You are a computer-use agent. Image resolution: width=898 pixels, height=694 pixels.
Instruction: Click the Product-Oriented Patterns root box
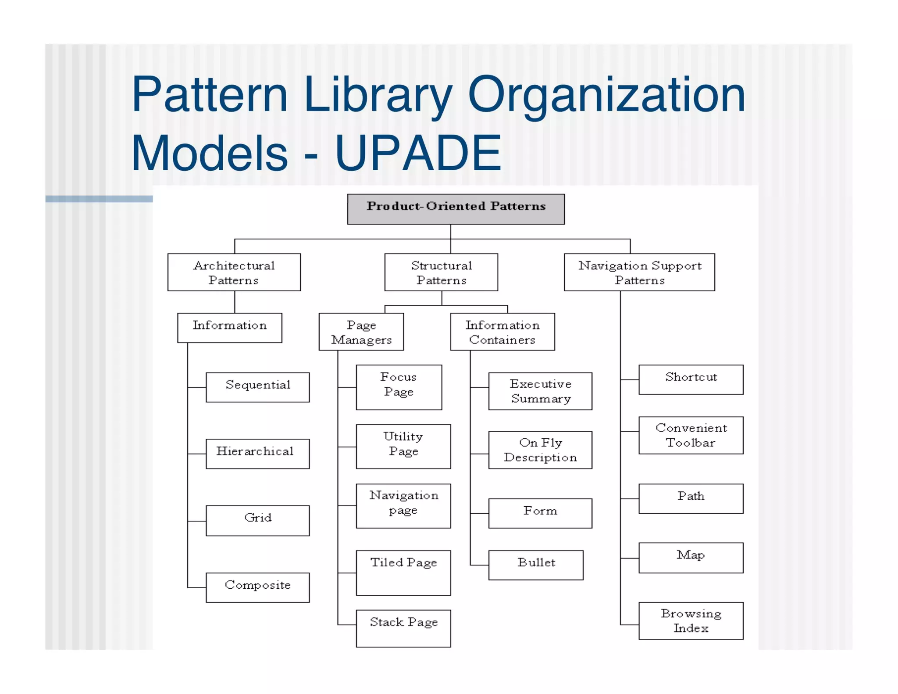click(456, 209)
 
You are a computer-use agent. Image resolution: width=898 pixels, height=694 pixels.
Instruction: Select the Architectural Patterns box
click(234, 272)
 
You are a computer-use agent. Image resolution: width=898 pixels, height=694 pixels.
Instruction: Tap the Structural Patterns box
click(441, 272)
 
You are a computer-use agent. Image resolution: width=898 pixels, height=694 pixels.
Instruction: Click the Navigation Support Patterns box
click(639, 272)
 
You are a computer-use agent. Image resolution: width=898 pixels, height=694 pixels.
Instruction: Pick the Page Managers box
click(361, 332)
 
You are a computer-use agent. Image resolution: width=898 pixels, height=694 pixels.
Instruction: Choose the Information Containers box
click(502, 332)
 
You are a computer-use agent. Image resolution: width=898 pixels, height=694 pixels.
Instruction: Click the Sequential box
click(258, 387)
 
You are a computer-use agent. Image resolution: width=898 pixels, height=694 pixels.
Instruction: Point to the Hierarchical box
click(258, 454)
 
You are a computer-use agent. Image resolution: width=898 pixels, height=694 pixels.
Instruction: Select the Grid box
click(258, 520)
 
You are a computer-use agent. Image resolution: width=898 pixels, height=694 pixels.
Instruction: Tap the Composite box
click(258, 587)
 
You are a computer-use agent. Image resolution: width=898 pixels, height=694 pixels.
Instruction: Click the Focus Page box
click(399, 387)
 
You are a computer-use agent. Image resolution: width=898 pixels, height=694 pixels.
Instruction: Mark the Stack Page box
click(403, 628)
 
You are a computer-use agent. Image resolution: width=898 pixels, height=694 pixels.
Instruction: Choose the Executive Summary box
click(540, 391)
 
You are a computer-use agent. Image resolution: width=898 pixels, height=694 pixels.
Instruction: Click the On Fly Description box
click(540, 450)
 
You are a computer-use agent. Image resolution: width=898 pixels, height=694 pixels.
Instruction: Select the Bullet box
click(536, 565)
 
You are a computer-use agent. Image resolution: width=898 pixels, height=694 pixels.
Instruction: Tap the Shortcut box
click(691, 379)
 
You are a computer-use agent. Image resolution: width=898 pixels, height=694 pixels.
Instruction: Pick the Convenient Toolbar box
click(691, 435)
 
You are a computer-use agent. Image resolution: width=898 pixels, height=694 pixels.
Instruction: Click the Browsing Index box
click(691, 621)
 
